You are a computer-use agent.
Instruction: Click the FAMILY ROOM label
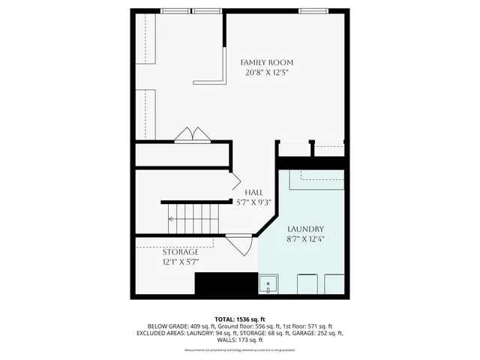click(x=266, y=62)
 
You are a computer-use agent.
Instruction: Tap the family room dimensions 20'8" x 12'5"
click(x=266, y=73)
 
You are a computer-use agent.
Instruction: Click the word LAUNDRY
click(x=305, y=229)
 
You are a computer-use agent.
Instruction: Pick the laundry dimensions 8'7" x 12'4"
click(x=305, y=239)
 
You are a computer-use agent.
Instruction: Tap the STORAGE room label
click(x=181, y=252)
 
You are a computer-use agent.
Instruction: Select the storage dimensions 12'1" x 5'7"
click(x=181, y=262)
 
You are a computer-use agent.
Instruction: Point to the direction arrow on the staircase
click(x=171, y=219)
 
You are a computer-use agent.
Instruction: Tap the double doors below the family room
click(x=193, y=135)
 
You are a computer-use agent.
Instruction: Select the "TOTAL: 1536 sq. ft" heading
click(x=239, y=319)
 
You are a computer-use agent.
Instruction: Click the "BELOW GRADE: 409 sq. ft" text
click(x=173, y=327)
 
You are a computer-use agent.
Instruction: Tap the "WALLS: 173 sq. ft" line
click(x=239, y=340)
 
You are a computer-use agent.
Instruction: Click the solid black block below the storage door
click(x=226, y=285)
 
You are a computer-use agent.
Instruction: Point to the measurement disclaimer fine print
click(x=239, y=349)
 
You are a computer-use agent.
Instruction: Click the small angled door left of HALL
click(x=235, y=181)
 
